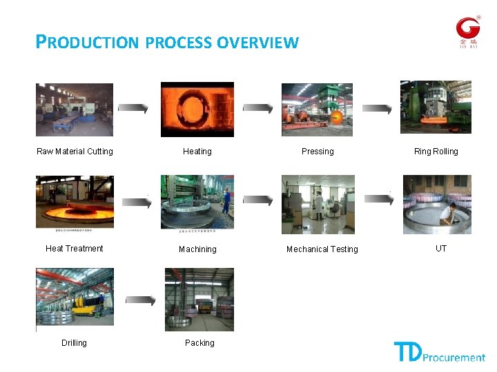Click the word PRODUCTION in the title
pos(88,43)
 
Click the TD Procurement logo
pos(439,352)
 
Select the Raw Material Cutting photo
pos(75,110)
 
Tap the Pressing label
pos(318,152)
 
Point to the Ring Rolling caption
pos(436,152)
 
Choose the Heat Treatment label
pos(75,249)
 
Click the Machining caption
pos(197,249)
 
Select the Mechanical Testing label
pos(322,249)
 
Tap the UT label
pos(441,249)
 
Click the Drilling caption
pos(74,343)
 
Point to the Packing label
pos(199,343)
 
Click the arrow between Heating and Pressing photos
pos(257,109)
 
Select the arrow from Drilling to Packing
pos(140,300)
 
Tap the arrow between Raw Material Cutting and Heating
pos(133,109)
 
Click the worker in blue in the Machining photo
pos(226,198)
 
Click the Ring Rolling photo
pos(436,107)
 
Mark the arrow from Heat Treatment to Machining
pos(137,203)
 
